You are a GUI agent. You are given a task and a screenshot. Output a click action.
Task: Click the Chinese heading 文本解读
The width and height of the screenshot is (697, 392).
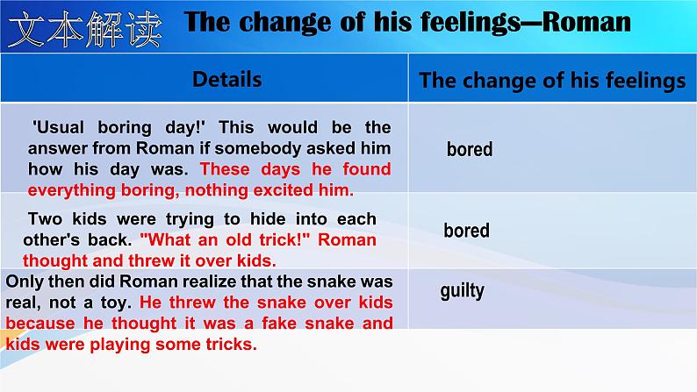[x=84, y=29]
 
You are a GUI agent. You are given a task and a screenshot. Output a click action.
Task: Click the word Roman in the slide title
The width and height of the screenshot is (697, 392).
[x=586, y=22]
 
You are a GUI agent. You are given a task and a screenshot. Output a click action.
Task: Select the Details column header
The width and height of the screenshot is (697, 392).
[x=226, y=80]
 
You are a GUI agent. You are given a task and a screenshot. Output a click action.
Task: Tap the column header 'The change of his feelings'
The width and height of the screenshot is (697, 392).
[x=552, y=81]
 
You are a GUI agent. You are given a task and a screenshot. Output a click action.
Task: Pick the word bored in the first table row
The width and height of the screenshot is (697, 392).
[x=470, y=149]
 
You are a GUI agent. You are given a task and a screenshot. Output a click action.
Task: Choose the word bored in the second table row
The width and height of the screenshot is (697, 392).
[x=466, y=231]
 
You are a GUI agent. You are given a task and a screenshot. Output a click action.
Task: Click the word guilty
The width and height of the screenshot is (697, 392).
[x=462, y=292]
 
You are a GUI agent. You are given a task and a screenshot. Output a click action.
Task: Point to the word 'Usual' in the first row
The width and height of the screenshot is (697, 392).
[x=58, y=128]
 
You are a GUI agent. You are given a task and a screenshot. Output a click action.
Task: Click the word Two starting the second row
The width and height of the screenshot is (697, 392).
[x=45, y=219]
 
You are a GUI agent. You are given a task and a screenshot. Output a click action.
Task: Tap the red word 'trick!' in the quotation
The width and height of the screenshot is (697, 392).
[x=284, y=239]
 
